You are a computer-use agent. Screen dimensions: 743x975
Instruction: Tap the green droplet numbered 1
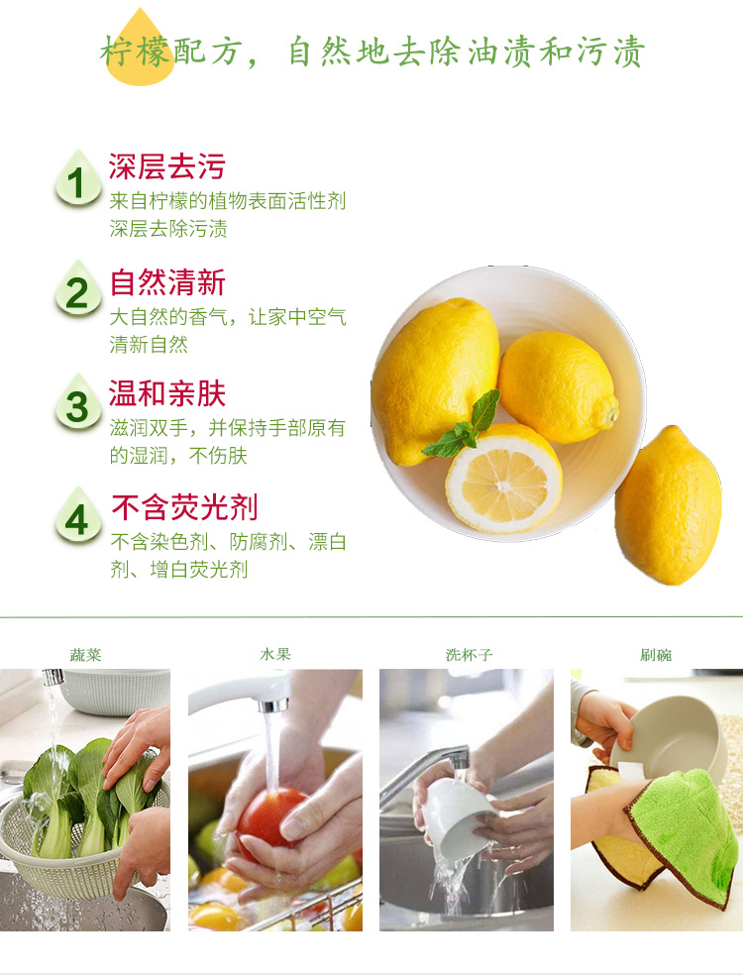77,178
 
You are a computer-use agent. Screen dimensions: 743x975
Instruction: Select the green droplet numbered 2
77,289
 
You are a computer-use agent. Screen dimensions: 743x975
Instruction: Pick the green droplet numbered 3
77,403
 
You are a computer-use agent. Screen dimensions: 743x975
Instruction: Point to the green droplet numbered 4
77,516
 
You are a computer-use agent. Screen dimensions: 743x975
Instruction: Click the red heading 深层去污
166,166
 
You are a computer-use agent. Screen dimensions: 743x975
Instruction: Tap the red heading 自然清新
167,282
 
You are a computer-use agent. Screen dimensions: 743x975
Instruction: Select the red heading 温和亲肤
166,393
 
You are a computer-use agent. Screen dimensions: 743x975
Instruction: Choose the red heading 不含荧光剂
184,507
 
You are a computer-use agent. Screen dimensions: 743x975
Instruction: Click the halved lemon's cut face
504,484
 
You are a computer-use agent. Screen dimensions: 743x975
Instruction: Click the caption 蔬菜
85,655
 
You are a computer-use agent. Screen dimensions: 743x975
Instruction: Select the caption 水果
275,654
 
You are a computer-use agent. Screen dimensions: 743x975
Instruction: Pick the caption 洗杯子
469,655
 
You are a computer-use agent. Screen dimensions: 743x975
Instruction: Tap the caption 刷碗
656,655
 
